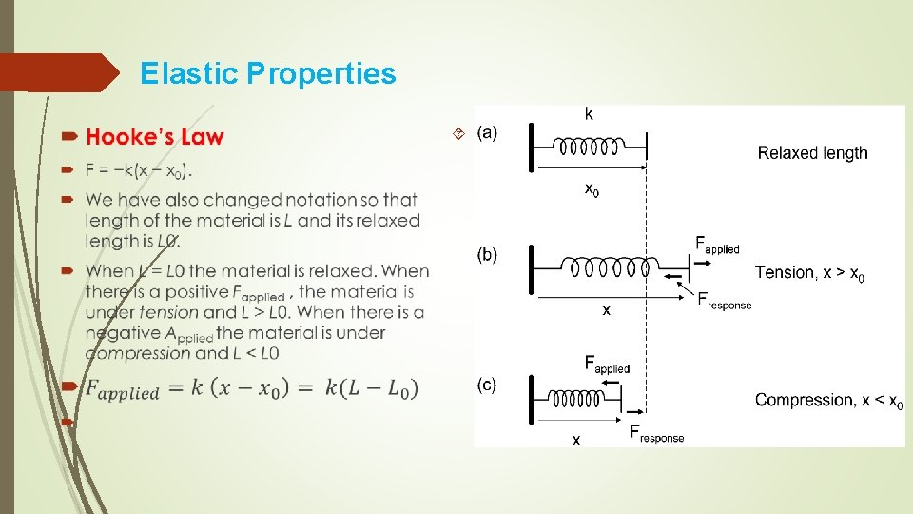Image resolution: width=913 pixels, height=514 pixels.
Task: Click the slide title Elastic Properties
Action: pos(267,73)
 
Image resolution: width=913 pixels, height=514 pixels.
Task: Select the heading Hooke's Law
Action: pos(155,137)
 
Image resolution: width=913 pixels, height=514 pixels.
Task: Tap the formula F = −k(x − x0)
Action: pos(139,171)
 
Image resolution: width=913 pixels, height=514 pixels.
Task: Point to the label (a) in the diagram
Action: pos(487,131)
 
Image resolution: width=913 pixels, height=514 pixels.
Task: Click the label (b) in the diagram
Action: pos(487,254)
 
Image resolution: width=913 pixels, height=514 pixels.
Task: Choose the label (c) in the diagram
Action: pos(487,385)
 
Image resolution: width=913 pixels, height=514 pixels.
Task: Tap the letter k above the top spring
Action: pos(589,114)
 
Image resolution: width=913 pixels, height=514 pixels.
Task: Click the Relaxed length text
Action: pos(812,152)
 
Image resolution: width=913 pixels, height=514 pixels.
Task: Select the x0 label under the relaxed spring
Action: pos(592,188)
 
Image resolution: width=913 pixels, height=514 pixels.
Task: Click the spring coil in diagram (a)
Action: pos(590,148)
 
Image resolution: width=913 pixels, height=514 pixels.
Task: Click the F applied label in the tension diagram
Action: pos(717,245)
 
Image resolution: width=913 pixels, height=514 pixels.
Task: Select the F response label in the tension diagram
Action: pos(724,301)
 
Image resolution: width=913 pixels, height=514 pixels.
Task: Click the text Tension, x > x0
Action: pos(809,273)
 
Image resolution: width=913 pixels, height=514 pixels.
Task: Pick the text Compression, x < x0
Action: pos(828,400)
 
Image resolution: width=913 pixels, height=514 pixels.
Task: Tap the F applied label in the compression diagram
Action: pos(607,364)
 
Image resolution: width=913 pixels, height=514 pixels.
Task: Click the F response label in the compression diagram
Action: pos(656,434)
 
